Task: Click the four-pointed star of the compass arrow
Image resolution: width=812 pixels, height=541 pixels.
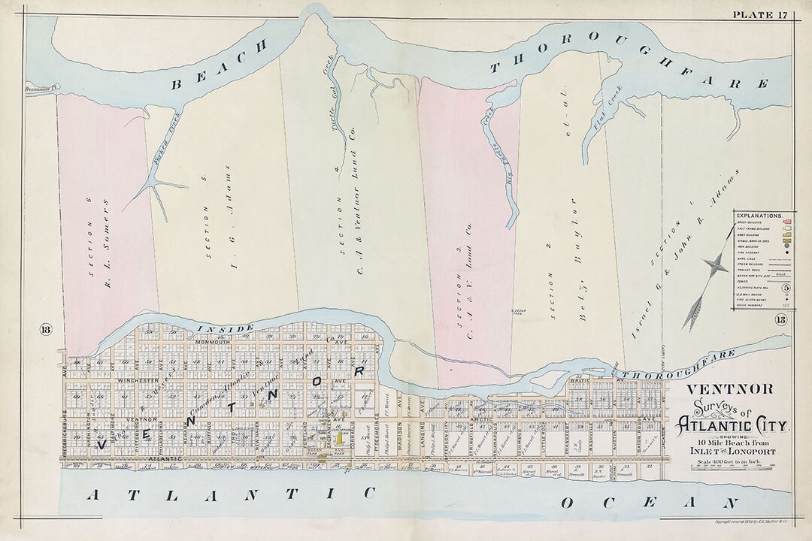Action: click(x=714, y=264)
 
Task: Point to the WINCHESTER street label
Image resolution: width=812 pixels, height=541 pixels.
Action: click(x=135, y=381)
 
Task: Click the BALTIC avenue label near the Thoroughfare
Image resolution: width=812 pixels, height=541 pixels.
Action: click(x=598, y=380)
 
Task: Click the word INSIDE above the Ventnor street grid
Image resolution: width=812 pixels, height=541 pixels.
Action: click(x=214, y=328)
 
